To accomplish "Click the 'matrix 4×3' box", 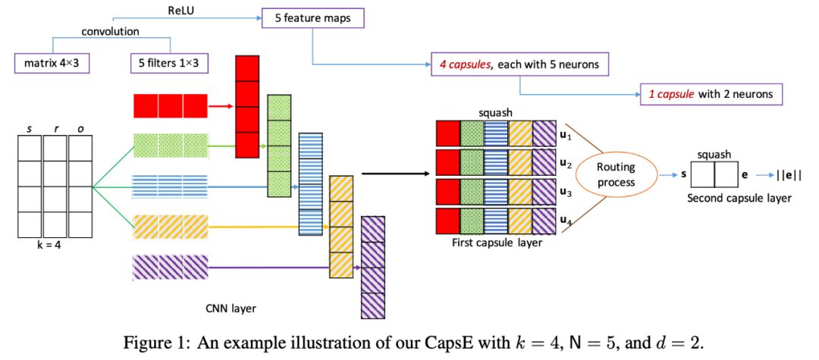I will coord(52,64).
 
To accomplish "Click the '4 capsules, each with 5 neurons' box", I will coord(519,64).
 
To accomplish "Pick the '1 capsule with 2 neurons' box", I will coord(711,94).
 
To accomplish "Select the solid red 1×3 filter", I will coord(170,106).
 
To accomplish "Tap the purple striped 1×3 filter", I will coord(170,267).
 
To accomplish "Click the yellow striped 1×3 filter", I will coord(170,226).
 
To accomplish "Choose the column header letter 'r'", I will coord(55,129).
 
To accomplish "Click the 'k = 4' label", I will coord(55,245).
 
